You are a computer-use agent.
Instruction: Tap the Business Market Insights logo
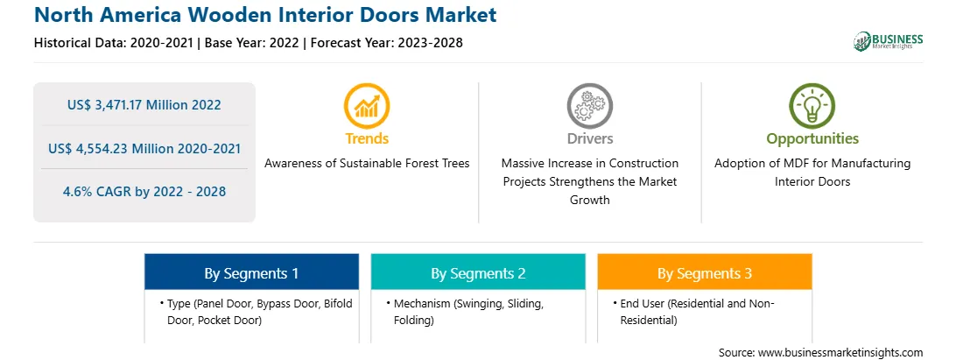(x=888, y=41)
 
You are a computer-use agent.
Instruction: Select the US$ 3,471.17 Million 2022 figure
(x=144, y=105)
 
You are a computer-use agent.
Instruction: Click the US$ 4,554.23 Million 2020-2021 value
(x=144, y=148)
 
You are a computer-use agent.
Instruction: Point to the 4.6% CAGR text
(x=144, y=192)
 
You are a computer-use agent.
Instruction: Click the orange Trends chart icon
(x=367, y=105)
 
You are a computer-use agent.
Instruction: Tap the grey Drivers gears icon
(x=589, y=105)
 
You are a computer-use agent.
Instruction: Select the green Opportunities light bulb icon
(x=812, y=105)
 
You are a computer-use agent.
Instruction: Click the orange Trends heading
(x=367, y=138)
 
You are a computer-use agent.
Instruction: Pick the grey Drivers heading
(x=589, y=138)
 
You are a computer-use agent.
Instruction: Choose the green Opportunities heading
(x=812, y=139)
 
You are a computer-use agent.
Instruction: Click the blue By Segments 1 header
(x=251, y=272)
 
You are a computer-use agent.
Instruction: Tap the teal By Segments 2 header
(x=478, y=272)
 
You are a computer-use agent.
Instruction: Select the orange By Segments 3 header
(x=705, y=272)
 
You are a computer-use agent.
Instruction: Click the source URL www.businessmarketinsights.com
(x=840, y=352)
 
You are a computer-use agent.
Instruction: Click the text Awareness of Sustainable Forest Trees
(x=367, y=164)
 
